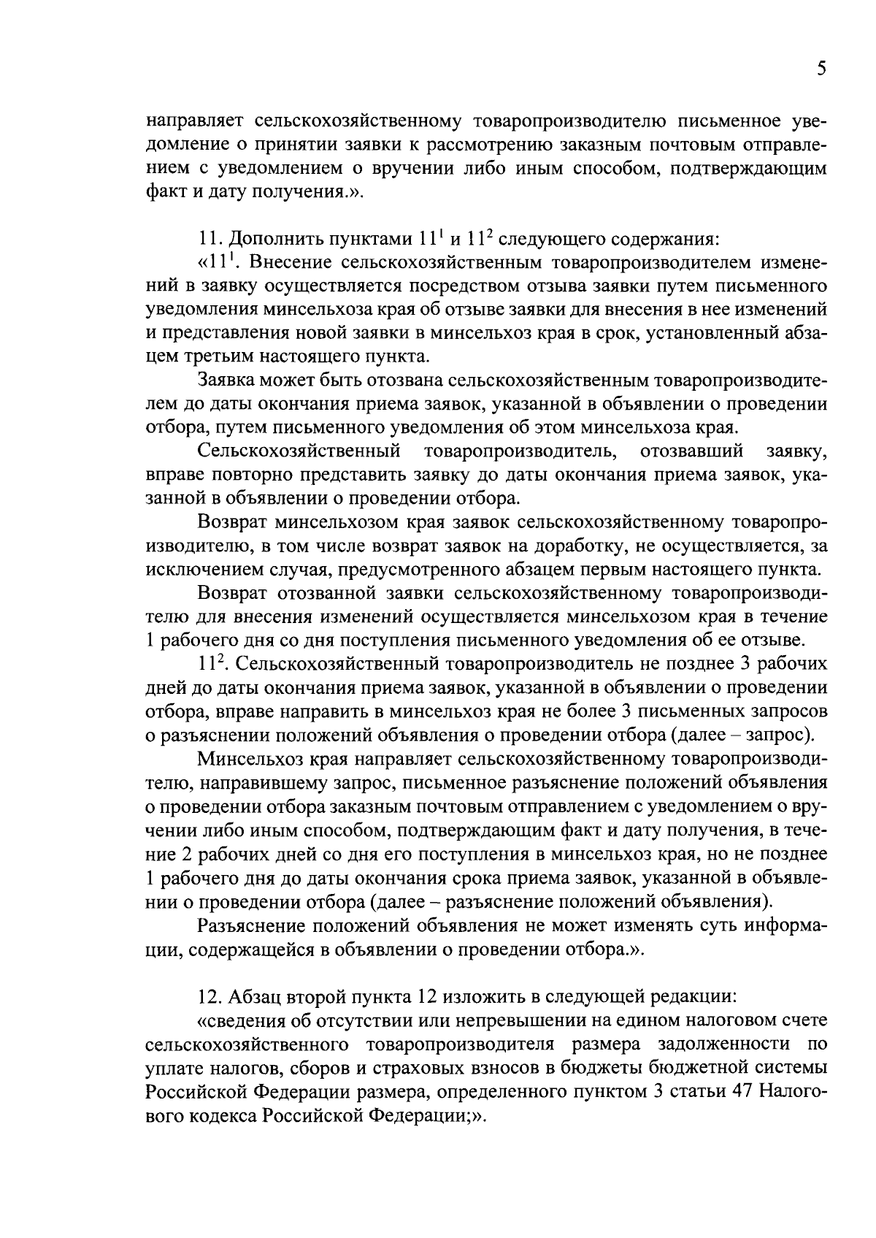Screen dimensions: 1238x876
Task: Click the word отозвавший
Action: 691,451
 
